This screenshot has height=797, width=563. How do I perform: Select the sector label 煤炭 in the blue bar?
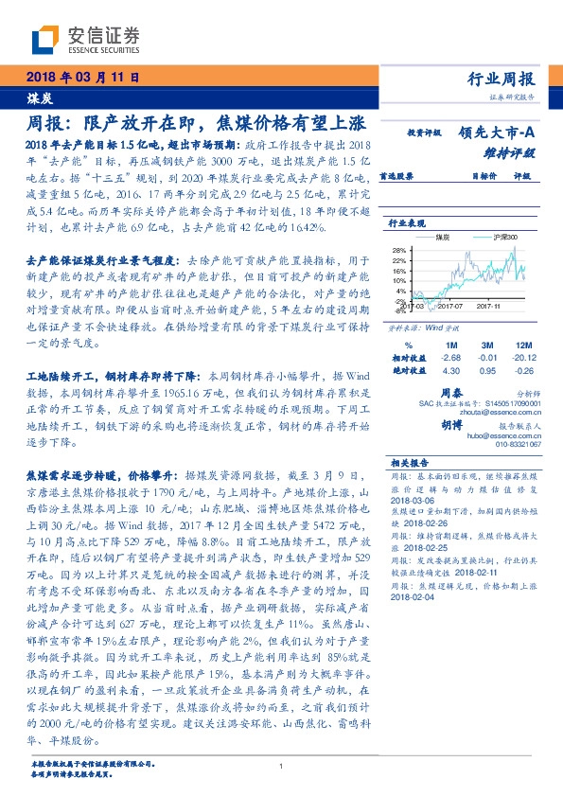39,97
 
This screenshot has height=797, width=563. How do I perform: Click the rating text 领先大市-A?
498,134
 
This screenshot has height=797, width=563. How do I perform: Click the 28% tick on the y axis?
398,250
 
